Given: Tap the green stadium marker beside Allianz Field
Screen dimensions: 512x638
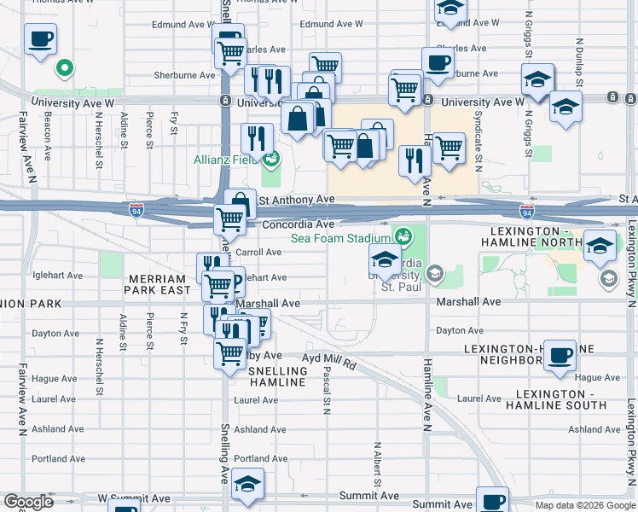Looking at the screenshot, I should (x=272, y=159).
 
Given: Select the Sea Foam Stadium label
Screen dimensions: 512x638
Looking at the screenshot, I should (x=339, y=238).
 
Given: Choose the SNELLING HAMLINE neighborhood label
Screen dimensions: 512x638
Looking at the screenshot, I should (x=277, y=376).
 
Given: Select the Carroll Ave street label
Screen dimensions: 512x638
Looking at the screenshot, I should (x=258, y=252).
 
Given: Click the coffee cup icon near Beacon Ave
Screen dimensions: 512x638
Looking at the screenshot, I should (x=40, y=38).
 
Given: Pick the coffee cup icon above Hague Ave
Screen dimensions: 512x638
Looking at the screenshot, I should (x=560, y=355).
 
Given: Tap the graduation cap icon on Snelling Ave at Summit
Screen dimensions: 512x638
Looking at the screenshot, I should (x=247, y=484).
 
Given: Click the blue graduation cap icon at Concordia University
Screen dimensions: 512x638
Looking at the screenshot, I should (x=386, y=260).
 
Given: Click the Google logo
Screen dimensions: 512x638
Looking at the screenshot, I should (x=27, y=502).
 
